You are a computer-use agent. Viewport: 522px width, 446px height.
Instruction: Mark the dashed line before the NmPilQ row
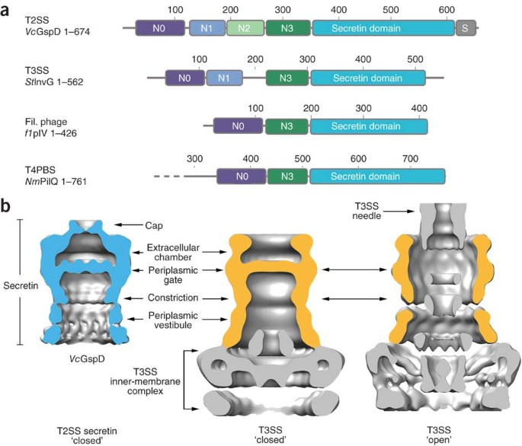[x=166, y=177]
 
